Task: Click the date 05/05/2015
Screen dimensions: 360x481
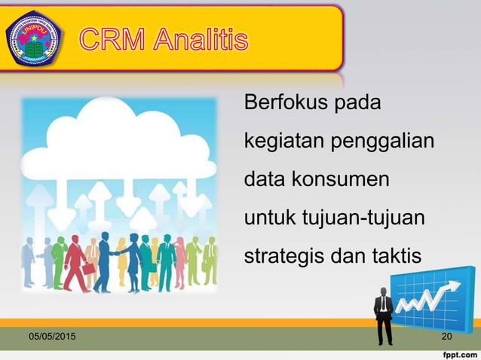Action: pyautogui.click(x=52, y=336)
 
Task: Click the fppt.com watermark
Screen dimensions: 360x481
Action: pyautogui.click(x=458, y=352)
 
